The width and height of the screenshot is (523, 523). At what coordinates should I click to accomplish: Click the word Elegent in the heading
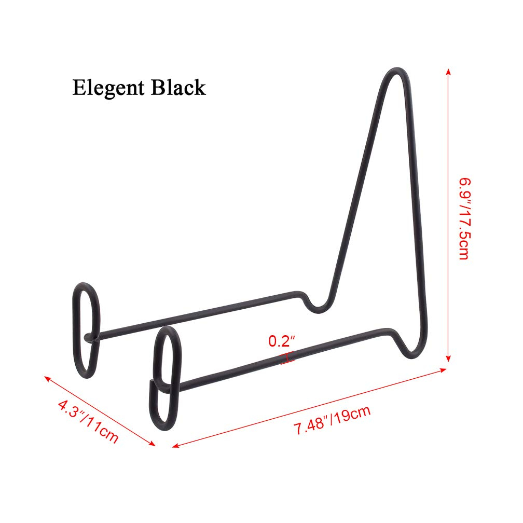point(108,88)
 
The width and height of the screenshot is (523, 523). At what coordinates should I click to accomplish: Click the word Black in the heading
point(178,87)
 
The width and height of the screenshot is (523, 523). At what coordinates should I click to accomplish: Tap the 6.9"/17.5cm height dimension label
point(464,219)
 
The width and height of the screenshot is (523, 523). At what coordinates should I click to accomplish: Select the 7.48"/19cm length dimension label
point(332,420)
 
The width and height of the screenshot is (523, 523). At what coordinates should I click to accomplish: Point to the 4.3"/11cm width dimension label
point(88,422)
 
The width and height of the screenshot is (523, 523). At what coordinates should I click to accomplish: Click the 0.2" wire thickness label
point(282,341)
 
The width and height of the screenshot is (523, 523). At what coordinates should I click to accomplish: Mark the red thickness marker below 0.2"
point(287,357)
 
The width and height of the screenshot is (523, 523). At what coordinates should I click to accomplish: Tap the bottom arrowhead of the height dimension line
point(449,358)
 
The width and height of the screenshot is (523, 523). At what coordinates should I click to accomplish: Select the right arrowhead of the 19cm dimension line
point(443,370)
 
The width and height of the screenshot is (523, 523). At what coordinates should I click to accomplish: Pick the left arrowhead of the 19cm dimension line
point(175,446)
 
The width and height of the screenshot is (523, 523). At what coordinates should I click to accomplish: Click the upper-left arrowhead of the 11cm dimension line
point(48,378)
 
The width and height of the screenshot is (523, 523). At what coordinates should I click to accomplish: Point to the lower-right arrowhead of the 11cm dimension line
point(152,443)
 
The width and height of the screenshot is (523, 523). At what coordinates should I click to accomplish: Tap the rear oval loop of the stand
point(86,330)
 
